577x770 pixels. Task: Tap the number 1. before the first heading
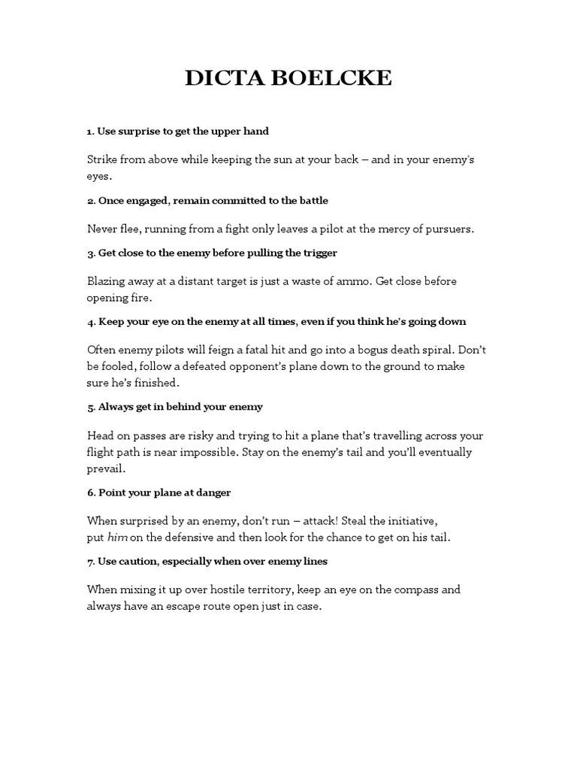pyautogui.click(x=91, y=131)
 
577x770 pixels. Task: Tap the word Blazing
pyautogui.click(x=107, y=281)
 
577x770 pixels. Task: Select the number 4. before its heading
pyautogui.click(x=91, y=321)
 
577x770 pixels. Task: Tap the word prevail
pyautogui.click(x=106, y=468)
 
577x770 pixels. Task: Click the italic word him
pyautogui.click(x=118, y=537)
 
